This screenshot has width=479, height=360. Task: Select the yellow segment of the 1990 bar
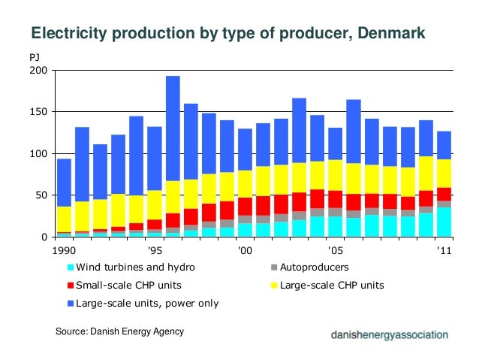pos(64,219)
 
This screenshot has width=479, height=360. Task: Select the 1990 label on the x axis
pos(64,250)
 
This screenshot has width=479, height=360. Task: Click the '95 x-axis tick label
pos(155,250)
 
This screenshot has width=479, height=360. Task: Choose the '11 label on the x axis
pos(444,250)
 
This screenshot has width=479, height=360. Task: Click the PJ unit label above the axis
pos(35,56)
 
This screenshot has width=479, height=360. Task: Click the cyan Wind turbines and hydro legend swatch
pos(71,267)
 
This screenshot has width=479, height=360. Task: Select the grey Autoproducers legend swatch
pos(275,267)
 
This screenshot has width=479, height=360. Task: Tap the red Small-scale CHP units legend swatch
pos(71,285)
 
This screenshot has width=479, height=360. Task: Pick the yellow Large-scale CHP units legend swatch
pos(275,285)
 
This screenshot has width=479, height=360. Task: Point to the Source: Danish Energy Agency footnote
pos(120,331)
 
